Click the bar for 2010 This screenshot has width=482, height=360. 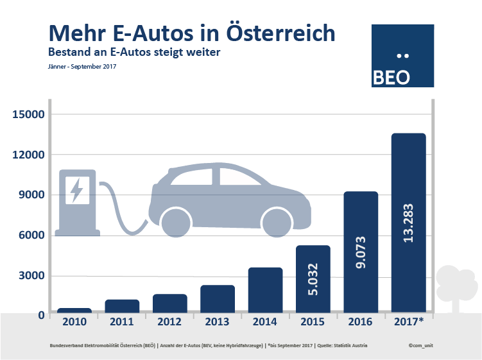pyautogui.click(x=74, y=311)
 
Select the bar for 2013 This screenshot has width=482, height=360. pyautogui.click(x=218, y=299)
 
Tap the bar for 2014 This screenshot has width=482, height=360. pyautogui.click(x=265, y=290)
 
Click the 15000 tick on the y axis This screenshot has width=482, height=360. pyautogui.click(x=27, y=114)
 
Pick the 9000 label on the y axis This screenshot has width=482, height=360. pyautogui.click(x=30, y=195)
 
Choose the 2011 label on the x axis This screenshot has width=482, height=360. pyautogui.click(x=122, y=321)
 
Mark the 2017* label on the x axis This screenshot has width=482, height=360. pyautogui.click(x=409, y=321)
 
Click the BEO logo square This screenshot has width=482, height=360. pyautogui.click(x=403, y=56)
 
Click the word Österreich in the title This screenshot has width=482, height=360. pyautogui.click(x=280, y=32)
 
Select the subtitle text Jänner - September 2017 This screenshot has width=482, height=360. pyautogui.click(x=82, y=66)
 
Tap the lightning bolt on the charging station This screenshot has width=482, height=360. pyautogui.click(x=77, y=190)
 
